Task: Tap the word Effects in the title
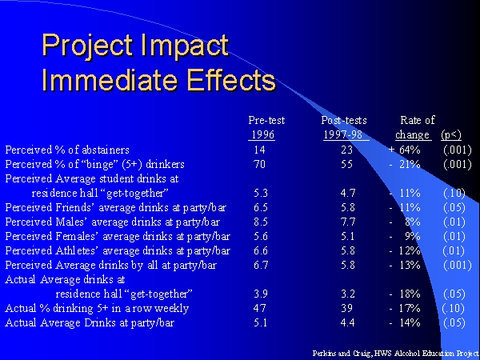(x=231, y=80)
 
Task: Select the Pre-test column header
(x=266, y=120)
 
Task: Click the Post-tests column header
(x=344, y=120)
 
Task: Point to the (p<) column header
(x=451, y=134)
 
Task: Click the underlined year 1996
(x=262, y=134)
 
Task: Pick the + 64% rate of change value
(x=404, y=150)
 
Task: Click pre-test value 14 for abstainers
(x=259, y=150)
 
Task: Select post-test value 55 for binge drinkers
(x=346, y=164)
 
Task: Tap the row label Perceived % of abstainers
(x=67, y=150)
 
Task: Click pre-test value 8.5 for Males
(x=261, y=222)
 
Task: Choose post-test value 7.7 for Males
(x=348, y=222)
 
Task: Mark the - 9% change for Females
(x=405, y=236)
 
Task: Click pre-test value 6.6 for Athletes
(x=261, y=250)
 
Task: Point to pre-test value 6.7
(x=261, y=265)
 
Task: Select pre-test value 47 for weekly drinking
(x=259, y=308)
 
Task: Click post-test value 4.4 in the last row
(x=348, y=322)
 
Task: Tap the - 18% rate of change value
(x=405, y=294)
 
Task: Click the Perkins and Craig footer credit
(x=395, y=354)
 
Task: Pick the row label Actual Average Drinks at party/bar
(x=90, y=322)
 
